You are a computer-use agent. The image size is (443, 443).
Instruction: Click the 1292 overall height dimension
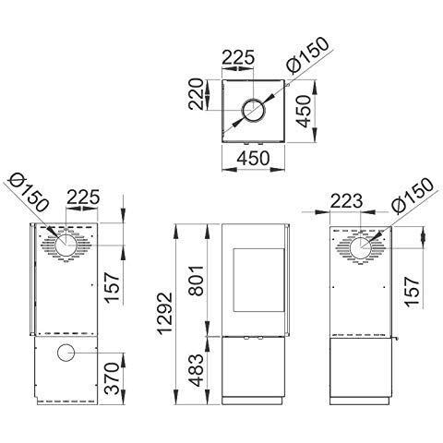164,313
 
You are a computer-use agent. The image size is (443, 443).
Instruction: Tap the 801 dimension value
196,281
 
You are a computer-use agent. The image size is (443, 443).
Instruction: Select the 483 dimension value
196,370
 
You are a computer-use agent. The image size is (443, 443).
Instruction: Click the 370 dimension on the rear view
112,378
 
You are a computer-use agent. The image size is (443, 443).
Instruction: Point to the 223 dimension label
346,202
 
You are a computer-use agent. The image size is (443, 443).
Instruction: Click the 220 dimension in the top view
196,94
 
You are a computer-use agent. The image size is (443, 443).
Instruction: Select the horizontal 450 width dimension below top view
254,158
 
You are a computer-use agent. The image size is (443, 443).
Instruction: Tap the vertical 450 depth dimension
304,111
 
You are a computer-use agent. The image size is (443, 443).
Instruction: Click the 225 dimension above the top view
238,57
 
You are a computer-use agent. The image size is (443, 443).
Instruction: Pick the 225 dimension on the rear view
83,197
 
